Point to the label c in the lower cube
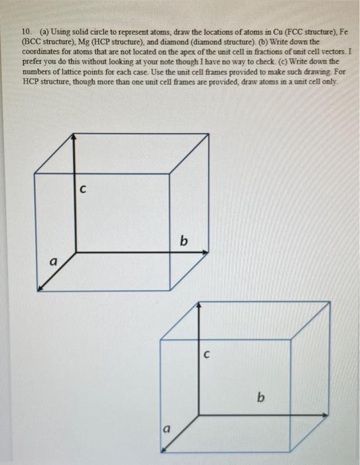207,355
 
